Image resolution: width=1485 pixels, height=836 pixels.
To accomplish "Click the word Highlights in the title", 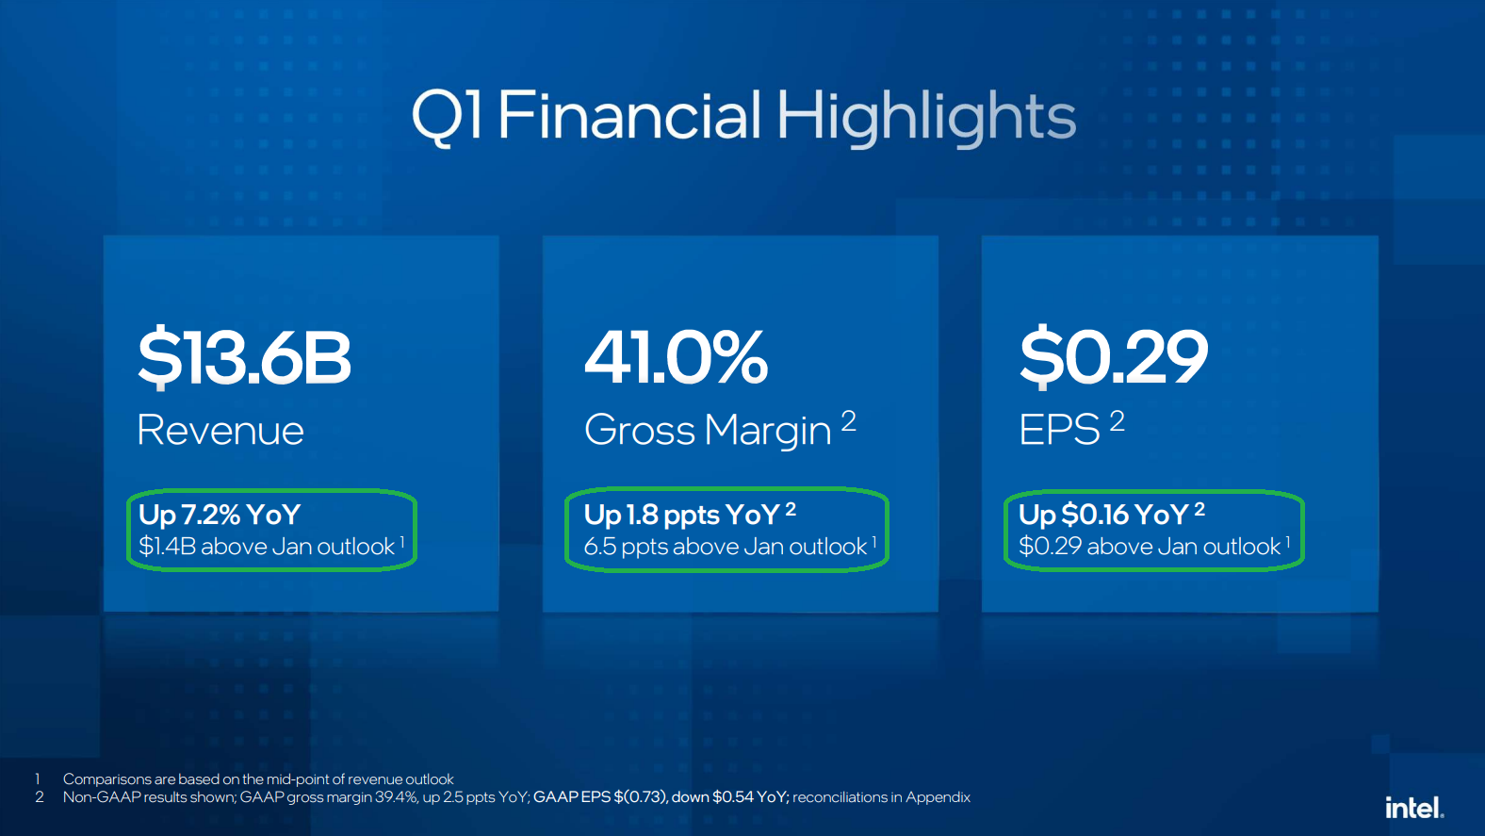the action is tap(926, 118).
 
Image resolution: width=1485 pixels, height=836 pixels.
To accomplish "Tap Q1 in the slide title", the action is tap(447, 116).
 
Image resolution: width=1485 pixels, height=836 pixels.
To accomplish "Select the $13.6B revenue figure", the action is tap(244, 356).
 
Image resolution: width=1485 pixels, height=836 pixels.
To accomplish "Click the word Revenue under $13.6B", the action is tap(220, 430).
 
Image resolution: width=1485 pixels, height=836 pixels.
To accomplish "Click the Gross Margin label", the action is tap(708, 431).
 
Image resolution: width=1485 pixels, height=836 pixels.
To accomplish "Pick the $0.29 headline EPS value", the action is tap(1113, 356).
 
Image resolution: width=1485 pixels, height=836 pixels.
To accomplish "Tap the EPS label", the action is tap(1059, 430).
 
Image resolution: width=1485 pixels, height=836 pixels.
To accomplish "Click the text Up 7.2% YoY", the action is tap(220, 515).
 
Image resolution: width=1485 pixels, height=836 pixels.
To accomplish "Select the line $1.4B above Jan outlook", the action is tap(267, 547).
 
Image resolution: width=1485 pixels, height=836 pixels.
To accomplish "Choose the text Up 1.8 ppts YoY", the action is tap(681, 515).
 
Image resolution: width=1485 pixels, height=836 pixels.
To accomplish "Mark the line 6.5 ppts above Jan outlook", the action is tap(726, 547).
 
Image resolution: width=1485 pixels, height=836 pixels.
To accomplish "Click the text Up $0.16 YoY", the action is tap(1103, 515).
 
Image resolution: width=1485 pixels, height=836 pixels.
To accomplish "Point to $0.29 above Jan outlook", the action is tap(1150, 547).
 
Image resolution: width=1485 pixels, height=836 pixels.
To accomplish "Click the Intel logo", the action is tap(1414, 807).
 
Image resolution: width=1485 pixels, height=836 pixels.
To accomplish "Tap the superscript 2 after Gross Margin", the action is tap(849, 421).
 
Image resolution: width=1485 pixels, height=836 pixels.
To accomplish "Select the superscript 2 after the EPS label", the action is tap(1118, 421).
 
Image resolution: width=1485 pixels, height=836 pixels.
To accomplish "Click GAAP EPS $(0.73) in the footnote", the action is tap(600, 796).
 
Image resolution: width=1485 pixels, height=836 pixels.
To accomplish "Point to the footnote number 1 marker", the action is tap(38, 779).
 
